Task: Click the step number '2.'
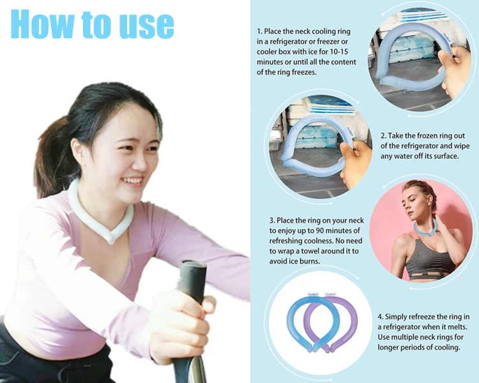383,136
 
